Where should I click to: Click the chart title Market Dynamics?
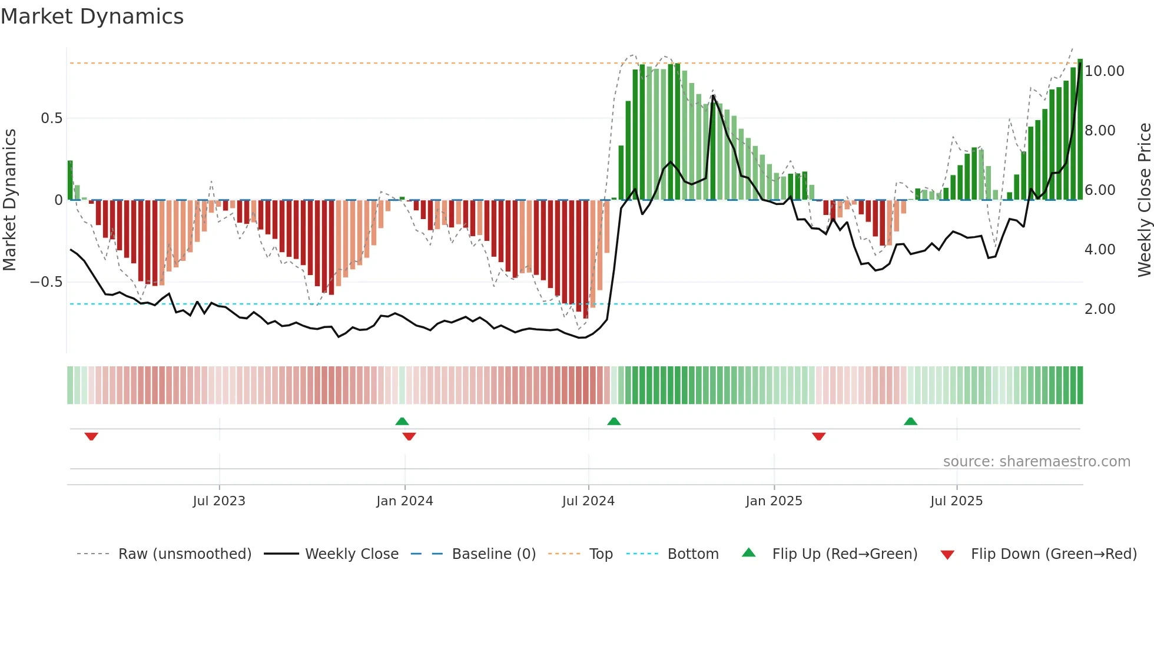click(92, 16)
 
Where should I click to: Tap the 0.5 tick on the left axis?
click(51, 118)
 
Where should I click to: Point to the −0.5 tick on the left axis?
click(47, 282)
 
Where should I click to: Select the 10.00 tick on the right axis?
click(1104, 71)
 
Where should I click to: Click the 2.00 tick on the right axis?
click(1099, 309)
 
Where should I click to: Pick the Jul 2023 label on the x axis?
click(219, 501)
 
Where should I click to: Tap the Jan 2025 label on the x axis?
click(774, 501)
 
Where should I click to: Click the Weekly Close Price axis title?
click(1144, 200)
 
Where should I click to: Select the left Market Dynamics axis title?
click(9, 200)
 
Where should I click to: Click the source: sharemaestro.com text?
click(1036, 462)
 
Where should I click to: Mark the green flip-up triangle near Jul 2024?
click(614, 421)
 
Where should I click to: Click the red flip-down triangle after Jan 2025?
click(818, 436)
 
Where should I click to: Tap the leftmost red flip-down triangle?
click(91, 436)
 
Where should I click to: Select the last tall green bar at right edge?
click(1080, 130)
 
